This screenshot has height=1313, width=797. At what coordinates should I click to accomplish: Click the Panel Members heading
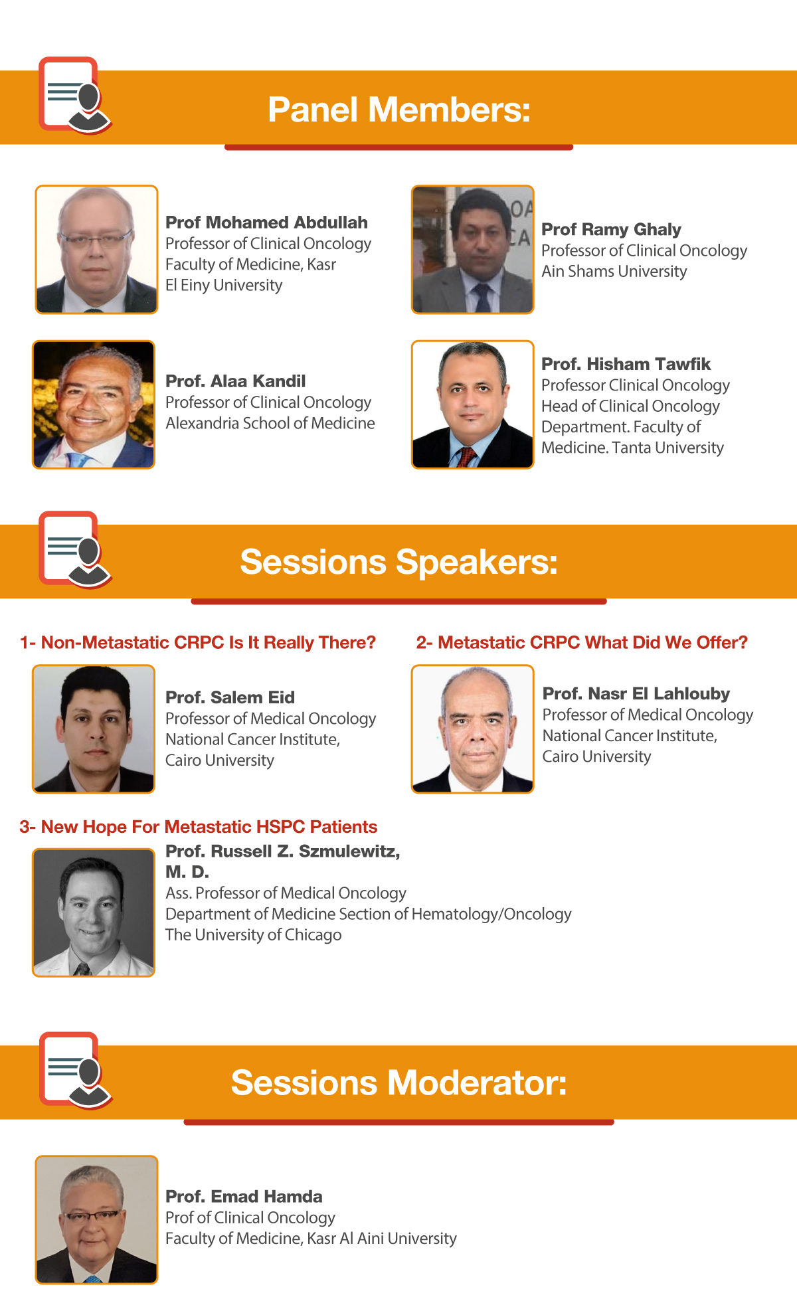399,110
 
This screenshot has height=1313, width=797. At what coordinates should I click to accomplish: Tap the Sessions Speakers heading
398,562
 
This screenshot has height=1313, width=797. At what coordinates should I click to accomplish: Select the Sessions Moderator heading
398,1083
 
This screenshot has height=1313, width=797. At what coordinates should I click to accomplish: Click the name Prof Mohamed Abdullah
266,222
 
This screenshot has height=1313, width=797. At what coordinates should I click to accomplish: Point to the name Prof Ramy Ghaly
611,229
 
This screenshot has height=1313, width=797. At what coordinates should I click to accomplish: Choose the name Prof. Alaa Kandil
235,381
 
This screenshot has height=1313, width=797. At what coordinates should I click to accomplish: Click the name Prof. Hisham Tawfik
626,364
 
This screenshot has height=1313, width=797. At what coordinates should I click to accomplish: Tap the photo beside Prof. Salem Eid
94,729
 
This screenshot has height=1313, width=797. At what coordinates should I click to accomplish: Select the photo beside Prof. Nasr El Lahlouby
472,729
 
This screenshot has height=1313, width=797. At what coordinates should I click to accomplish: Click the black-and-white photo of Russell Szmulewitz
94,912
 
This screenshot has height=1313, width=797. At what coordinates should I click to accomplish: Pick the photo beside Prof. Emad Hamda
96,1219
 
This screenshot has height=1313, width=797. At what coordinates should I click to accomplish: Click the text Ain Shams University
614,271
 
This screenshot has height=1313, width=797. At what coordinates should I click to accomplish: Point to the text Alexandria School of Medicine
270,423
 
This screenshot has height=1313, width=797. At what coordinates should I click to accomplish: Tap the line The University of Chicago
253,934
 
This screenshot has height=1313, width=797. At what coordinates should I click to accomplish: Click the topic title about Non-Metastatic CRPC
198,642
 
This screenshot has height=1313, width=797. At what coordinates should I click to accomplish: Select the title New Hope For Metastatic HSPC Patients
198,826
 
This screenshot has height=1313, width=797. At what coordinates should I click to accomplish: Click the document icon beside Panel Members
74,95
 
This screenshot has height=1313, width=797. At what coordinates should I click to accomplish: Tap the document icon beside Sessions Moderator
75,1070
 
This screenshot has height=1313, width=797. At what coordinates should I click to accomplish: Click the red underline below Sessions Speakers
398,601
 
